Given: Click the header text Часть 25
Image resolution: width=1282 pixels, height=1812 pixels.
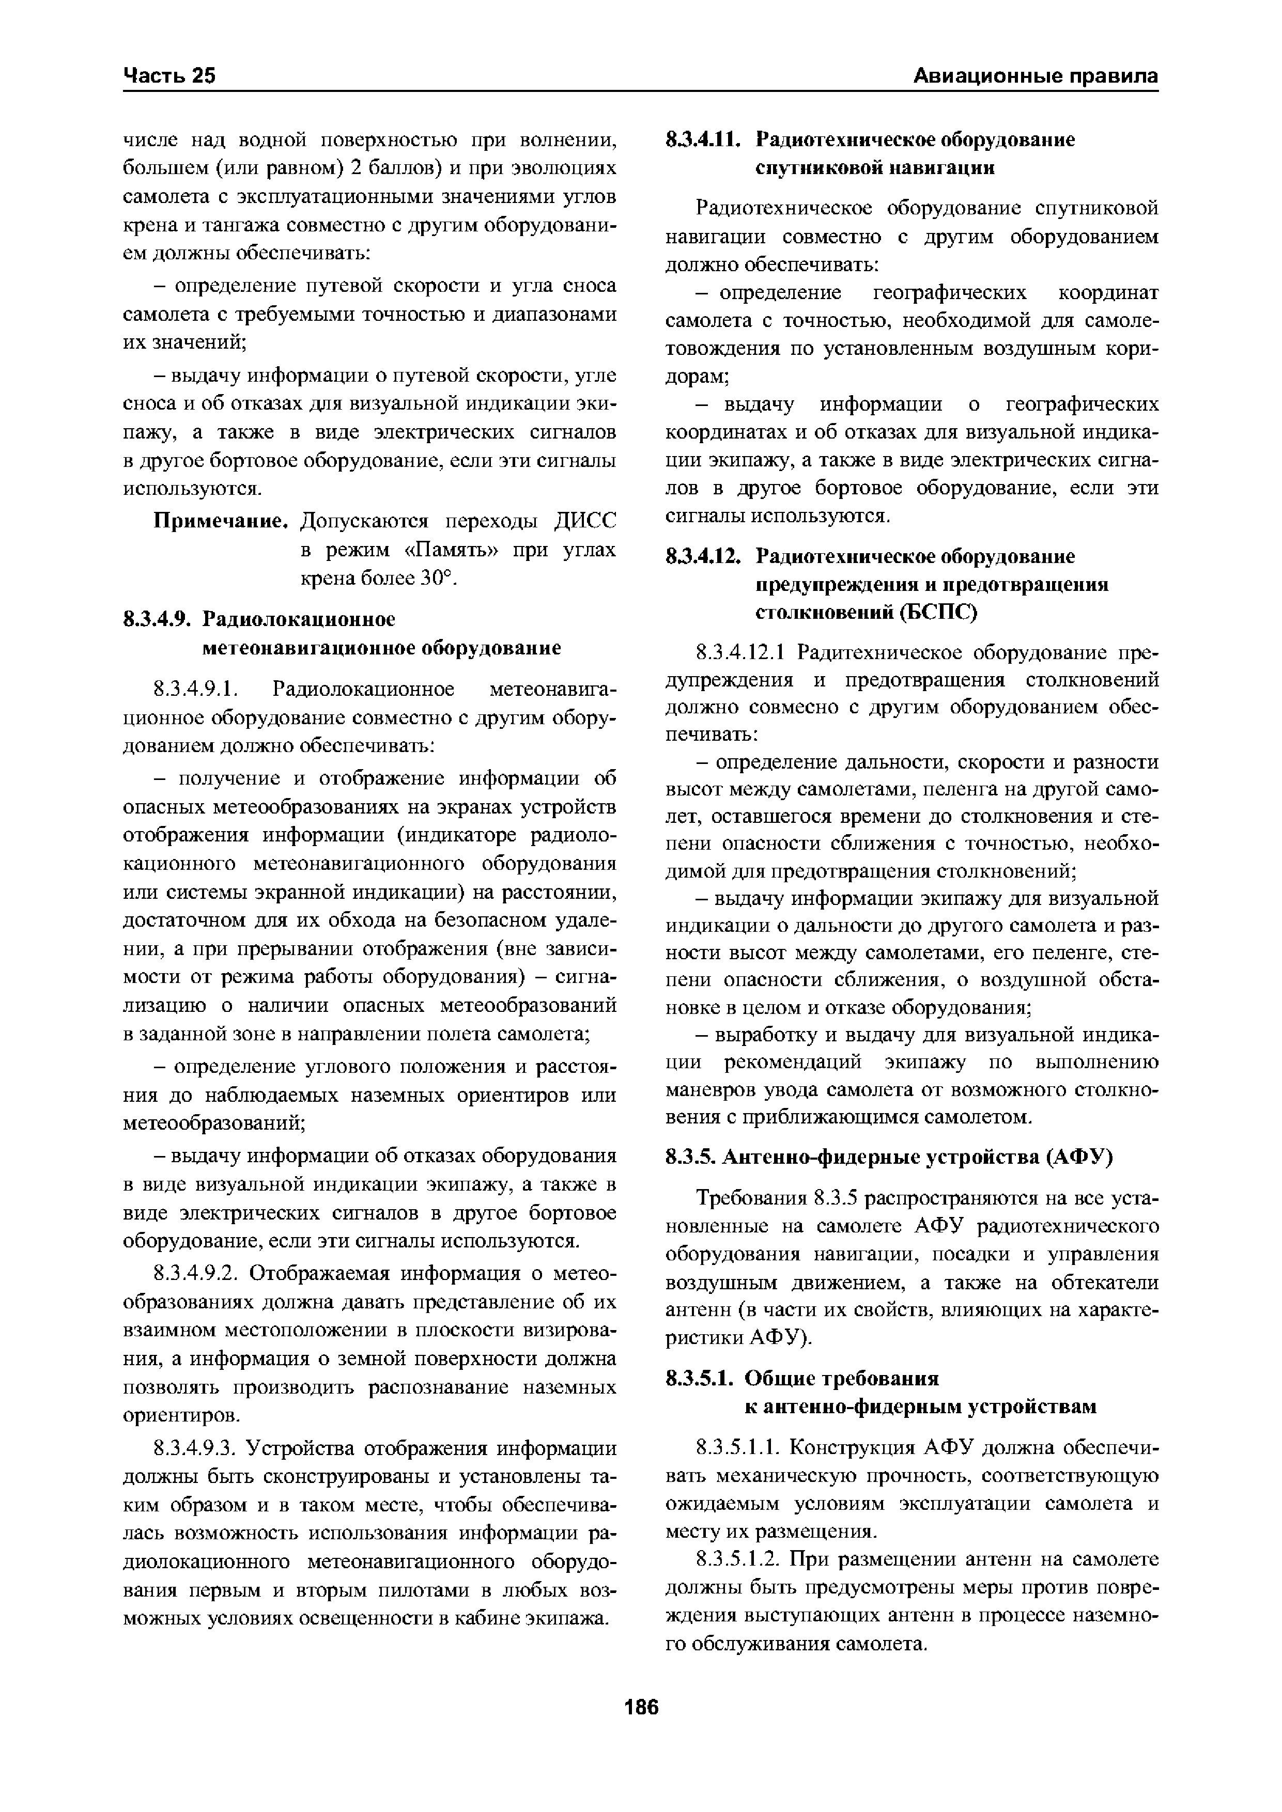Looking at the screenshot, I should (x=169, y=76).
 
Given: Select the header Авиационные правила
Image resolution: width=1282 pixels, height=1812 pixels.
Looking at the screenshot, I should (x=1035, y=76).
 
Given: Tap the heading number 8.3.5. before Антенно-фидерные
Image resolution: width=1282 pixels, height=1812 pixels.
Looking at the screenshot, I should (x=690, y=1157).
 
